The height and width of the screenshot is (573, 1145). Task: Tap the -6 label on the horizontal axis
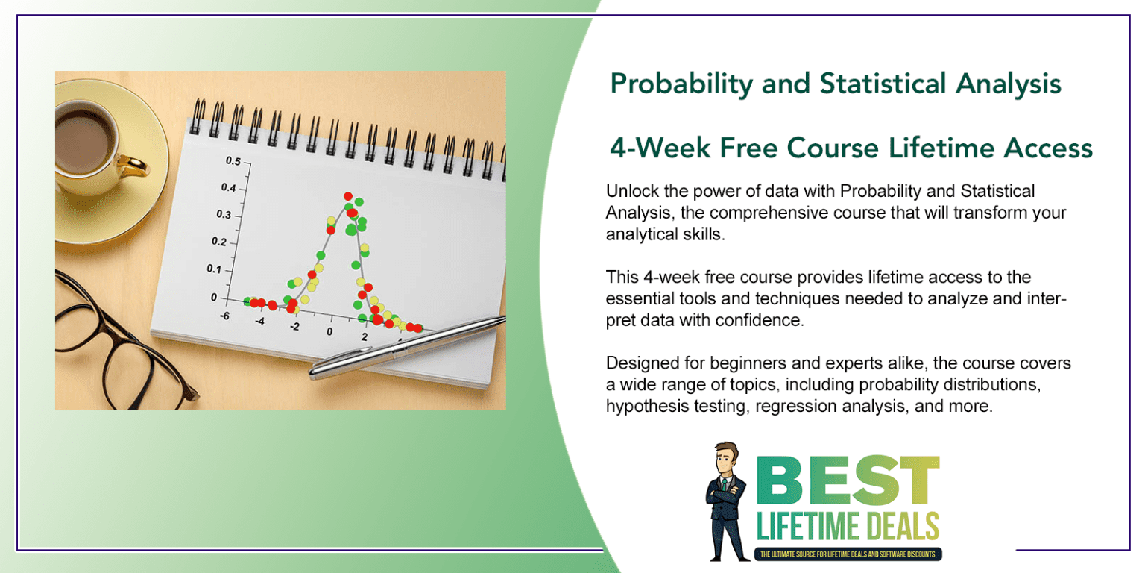(224, 316)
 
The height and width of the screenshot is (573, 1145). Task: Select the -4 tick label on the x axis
(259, 321)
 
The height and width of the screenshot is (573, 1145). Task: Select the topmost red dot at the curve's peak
(348, 197)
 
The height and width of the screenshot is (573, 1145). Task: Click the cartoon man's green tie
(724, 486)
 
